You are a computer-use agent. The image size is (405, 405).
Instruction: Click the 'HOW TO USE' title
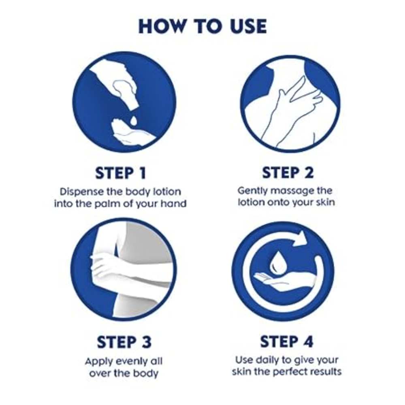203,26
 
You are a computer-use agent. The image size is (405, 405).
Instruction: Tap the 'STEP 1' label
121,173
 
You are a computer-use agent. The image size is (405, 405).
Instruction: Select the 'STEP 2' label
288,173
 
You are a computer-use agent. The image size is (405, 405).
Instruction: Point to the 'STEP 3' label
124,342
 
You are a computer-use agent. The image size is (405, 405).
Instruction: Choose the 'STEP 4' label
287,341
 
